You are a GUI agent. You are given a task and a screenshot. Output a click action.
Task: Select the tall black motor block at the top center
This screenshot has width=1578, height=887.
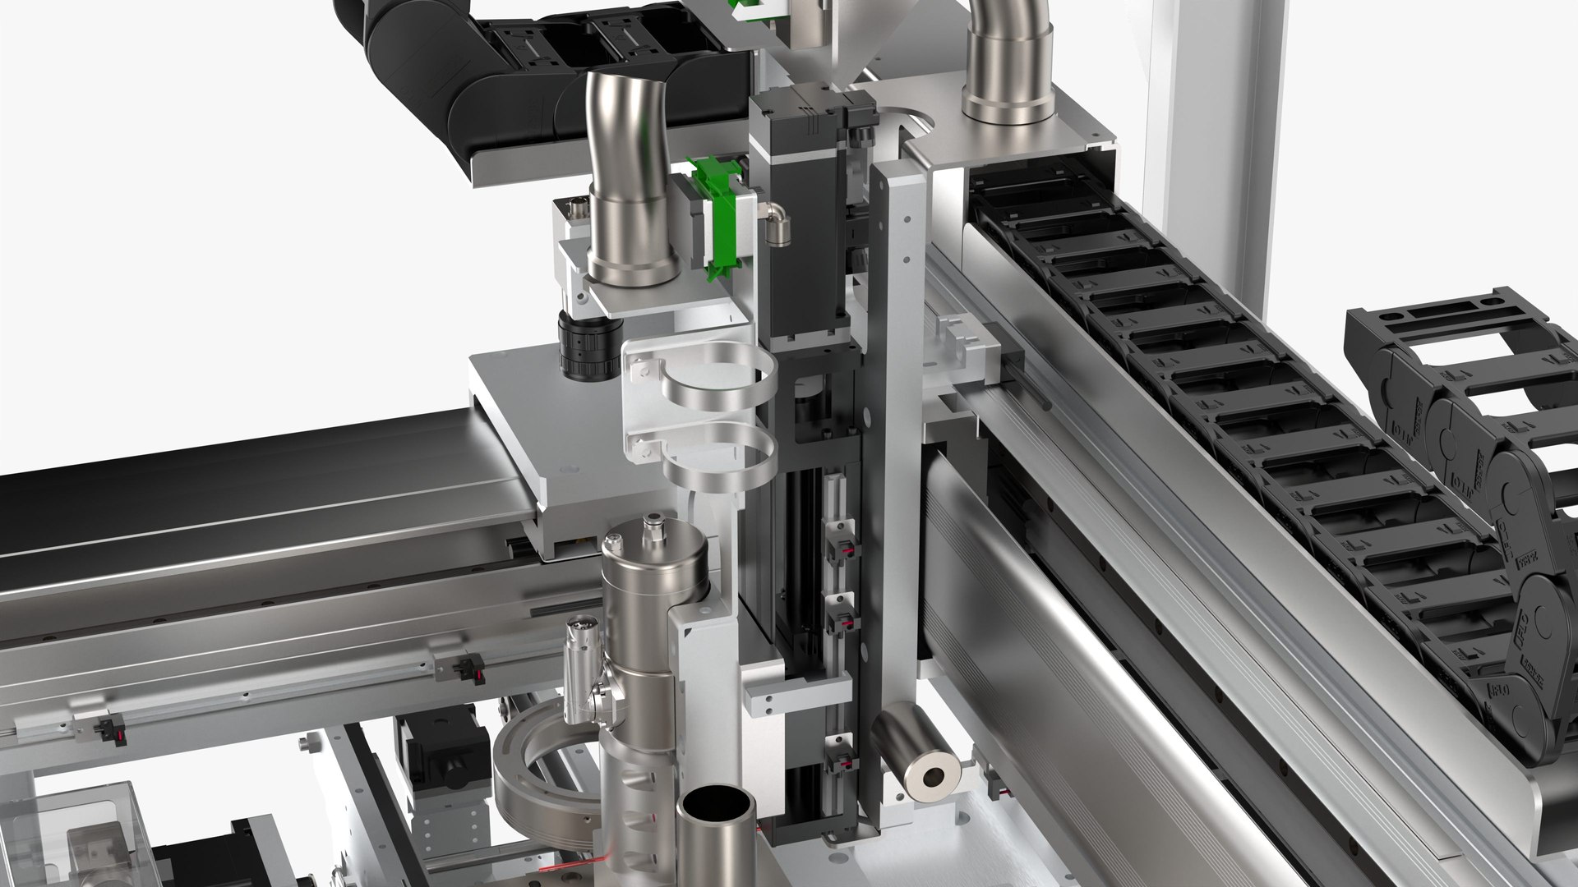801,222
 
